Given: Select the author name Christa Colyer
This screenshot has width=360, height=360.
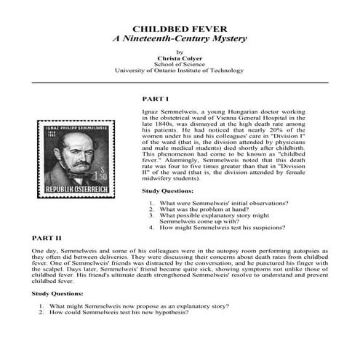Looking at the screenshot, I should (180, 57).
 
